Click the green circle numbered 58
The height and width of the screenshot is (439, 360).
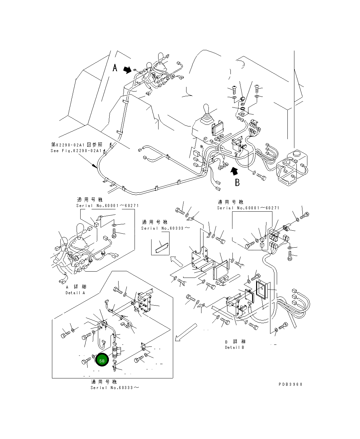point(102,360)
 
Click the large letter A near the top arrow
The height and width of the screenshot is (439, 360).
point(115,68)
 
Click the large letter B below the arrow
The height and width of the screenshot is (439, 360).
point(237,182)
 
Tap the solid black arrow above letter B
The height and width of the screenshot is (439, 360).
point(234,171)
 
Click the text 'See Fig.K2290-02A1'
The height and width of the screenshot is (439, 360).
point(76,151)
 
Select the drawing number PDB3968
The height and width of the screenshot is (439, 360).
point(290,384)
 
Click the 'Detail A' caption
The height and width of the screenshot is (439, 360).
point(75,293)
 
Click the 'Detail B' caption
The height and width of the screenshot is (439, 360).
point(234,347)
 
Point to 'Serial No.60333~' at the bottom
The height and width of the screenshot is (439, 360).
point(115,387)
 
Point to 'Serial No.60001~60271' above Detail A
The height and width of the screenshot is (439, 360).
point(107,206)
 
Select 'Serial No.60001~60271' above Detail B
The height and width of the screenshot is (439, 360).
point(248,208)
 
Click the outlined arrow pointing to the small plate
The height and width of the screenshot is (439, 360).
point(176,261)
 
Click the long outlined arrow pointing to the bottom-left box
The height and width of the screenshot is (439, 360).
point(185,333)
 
